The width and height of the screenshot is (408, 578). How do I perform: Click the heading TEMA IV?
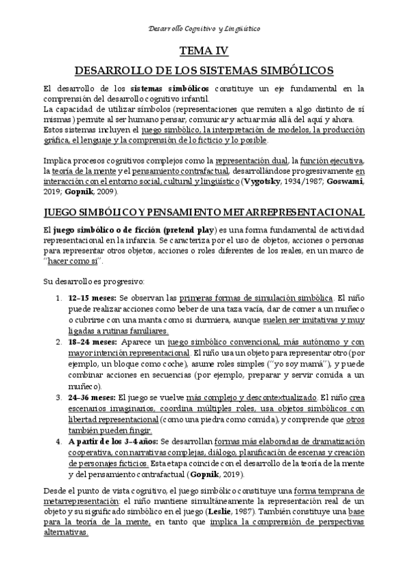[x=204, y=50]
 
